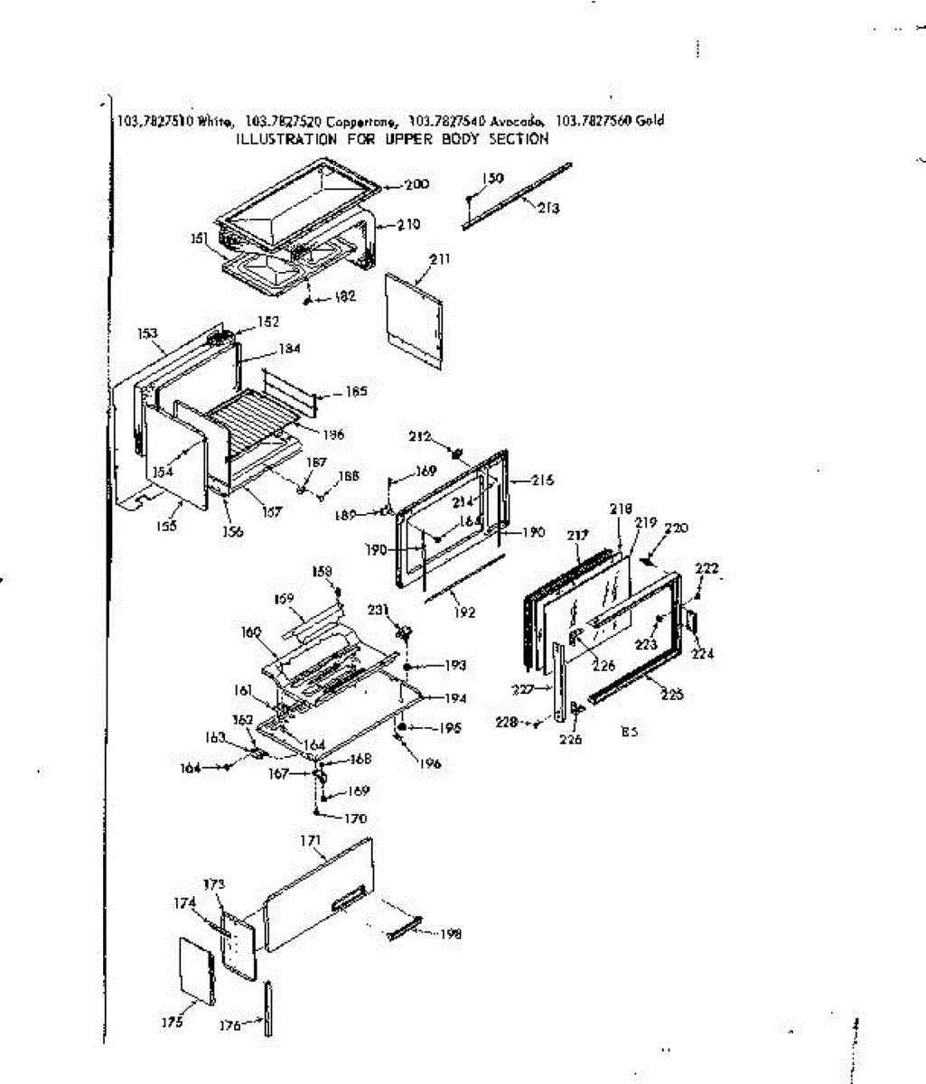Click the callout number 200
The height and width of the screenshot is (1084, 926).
416,185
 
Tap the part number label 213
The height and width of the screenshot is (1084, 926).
548,208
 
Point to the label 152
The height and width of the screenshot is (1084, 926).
268,321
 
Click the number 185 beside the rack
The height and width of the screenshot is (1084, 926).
356,392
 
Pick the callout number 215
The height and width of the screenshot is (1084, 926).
542,481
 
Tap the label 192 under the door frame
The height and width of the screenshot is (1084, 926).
464,612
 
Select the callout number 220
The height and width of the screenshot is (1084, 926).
676,528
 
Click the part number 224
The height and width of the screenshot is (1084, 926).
703,653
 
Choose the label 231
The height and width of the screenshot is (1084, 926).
379,611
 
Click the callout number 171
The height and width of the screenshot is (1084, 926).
311,841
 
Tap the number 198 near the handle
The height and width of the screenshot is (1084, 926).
450,934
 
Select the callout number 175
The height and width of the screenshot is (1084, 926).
173,1022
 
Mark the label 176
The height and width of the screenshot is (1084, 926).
230,1025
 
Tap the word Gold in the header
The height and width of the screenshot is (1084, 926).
650,120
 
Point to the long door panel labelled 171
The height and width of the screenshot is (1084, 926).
316,894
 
